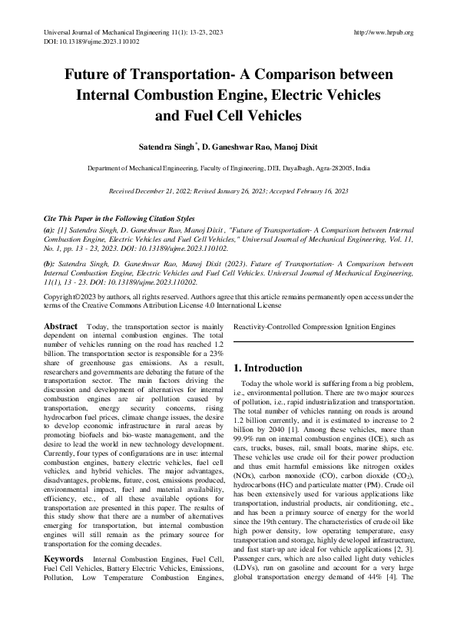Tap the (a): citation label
pos(50,229)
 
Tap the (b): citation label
pos(50,262)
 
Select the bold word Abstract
pos(61,327)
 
